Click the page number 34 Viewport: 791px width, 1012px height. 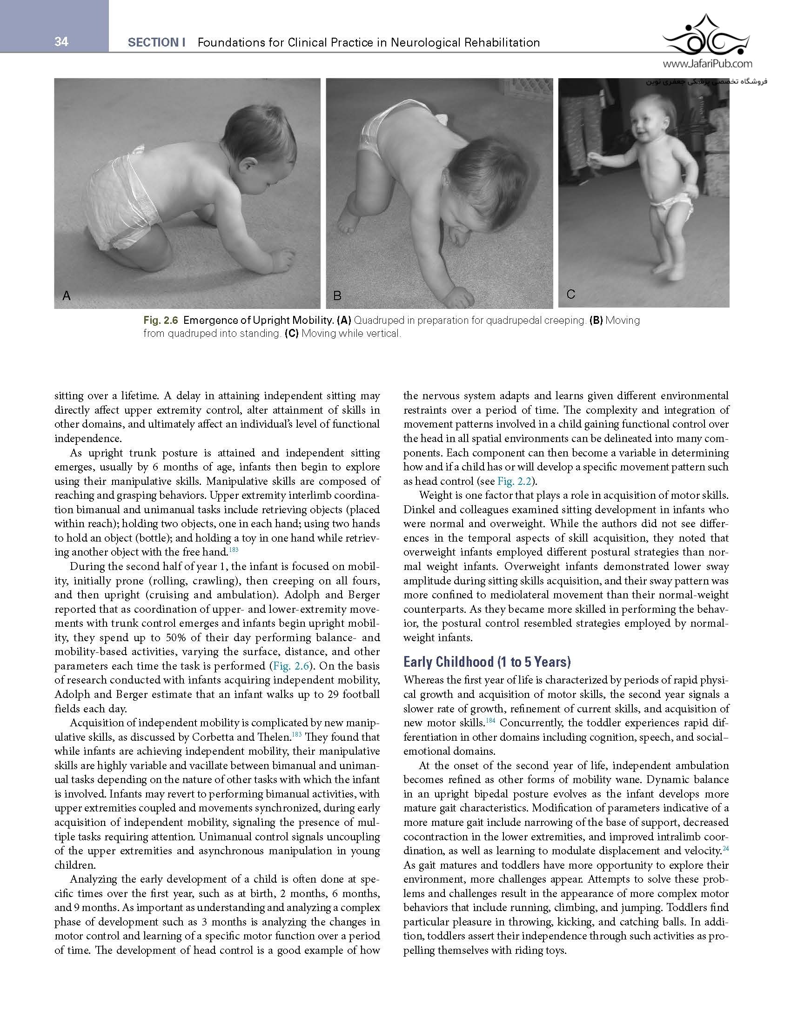61,42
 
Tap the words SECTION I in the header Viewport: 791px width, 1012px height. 156,43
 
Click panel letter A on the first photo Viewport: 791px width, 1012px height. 67,295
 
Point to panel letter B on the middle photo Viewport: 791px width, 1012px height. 337,295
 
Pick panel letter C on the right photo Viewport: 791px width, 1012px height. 571,294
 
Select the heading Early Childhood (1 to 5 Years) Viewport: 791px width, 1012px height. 487,662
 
